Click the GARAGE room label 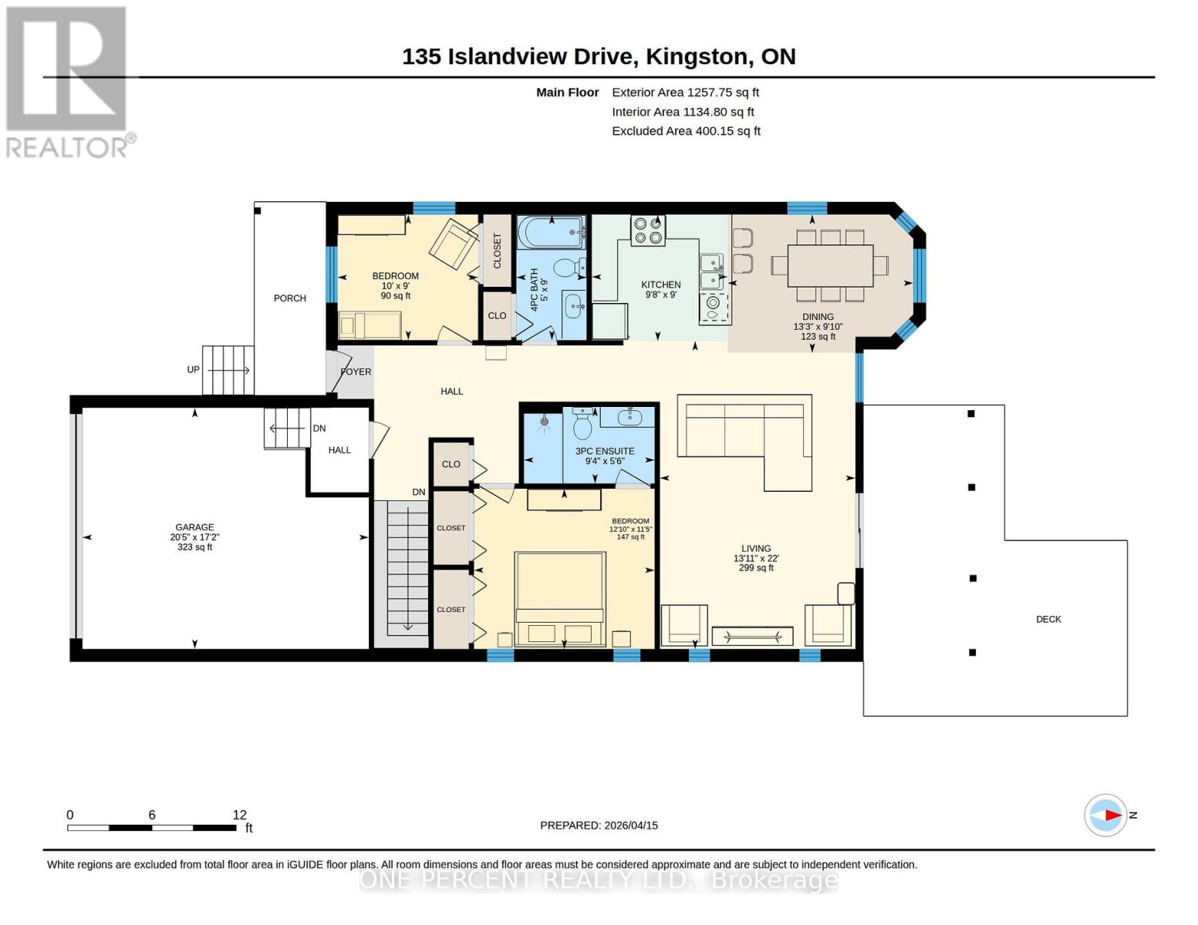point(194,527)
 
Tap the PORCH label point(290,298)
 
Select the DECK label point(1048,619)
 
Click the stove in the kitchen point(648,230)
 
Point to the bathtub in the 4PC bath point(551,234)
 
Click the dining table point(830,266)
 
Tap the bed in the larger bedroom point(559,599)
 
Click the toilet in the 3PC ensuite point(582,423)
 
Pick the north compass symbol point(1105,815)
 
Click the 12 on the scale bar point(239,815)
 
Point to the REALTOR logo point(69,82)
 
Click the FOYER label point(356,372)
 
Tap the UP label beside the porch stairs point(193,370)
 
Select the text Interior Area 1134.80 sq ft point(683,112)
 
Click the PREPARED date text point(599,826)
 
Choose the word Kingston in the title point(697,57)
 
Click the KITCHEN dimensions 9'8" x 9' point(660,294)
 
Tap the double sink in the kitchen point(712,271)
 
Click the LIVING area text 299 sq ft point(756,568)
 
